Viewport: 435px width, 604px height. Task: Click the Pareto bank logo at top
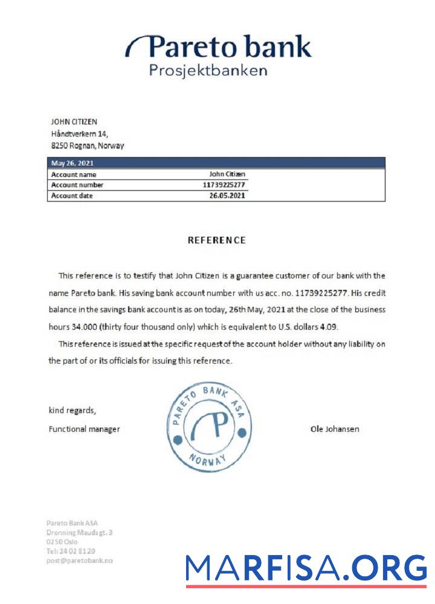[218, 47]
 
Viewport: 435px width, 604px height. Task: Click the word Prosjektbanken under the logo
[208, 71]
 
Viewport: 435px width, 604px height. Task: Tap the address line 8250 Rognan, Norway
[88, 146]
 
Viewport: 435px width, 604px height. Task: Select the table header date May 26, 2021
[72, 162]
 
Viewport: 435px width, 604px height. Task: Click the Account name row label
[74, 174]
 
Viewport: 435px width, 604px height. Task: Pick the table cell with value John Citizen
[227, 174]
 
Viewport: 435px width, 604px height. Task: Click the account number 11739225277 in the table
[224, 185]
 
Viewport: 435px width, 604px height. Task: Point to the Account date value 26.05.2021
[227, 196]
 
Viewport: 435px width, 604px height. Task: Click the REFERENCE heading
[217, 240]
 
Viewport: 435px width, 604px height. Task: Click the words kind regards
[72, 411]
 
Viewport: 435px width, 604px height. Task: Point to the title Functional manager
[84, 429]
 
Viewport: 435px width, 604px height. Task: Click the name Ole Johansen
[335, 429]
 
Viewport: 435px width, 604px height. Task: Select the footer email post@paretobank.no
[79, 560]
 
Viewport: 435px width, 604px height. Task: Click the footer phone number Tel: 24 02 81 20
[71, 551]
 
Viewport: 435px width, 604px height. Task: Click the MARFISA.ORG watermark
[306, 569]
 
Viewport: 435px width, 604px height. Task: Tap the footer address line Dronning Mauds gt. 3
[79, 532]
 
